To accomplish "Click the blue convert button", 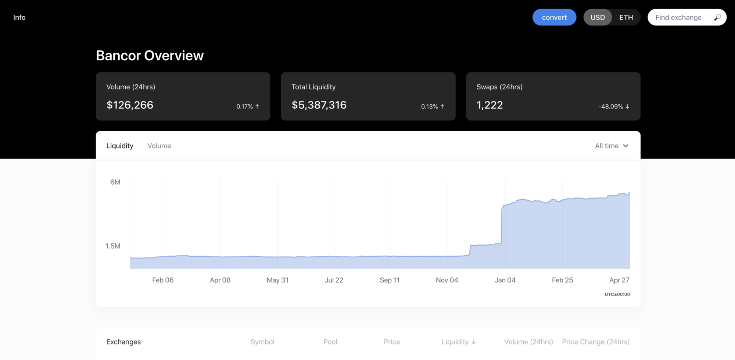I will tap(554, 17).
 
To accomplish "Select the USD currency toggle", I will tap(597, 17).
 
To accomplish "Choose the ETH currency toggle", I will tap(626, 17).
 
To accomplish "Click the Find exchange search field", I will tap(678, 17).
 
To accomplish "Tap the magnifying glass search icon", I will tap(717, 17).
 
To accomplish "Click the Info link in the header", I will tap(19, 17).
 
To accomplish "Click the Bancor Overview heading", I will tap(150, 56).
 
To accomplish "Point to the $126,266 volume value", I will tap(130, 105).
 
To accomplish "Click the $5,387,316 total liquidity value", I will tap(319, 105).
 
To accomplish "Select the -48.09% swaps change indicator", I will tap(613, 107).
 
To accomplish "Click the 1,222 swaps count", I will tap(490, 105).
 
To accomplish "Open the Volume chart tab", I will tap(159, 146).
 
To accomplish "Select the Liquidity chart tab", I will tap(120, 146).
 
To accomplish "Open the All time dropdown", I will tap(612, 146).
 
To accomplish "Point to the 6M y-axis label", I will tap(115, 182).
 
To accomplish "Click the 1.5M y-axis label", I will tap(113, 246).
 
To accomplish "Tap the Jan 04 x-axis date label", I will tap(505, 280).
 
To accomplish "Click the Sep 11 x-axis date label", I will tap(390, 280).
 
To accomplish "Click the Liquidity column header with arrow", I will tap(459, 342).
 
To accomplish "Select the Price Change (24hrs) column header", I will tap(595, 342).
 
